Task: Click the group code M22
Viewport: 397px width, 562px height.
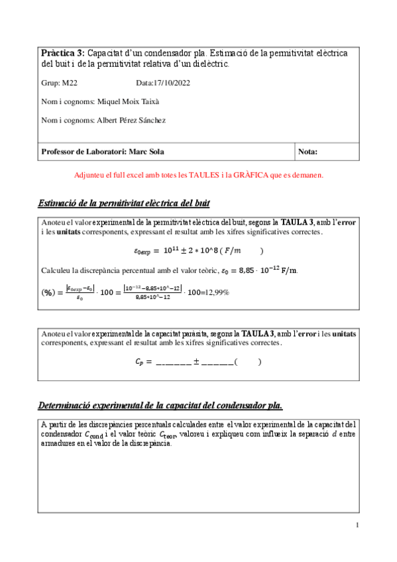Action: pyautogui.click(x=70, y=84)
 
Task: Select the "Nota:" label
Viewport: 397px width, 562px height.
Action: pyautogui.click(x=308, y=152)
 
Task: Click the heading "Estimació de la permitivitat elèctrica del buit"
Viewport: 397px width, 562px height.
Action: pyautogui.click(x=125, y=203)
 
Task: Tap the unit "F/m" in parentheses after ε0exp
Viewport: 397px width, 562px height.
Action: pyautogui.click(x=232, y=251)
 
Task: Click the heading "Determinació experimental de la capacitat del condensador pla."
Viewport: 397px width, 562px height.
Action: pyautogui.click(x=160, y=405)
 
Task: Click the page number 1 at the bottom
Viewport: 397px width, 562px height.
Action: pyautogui.click(x=357, y=526)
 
